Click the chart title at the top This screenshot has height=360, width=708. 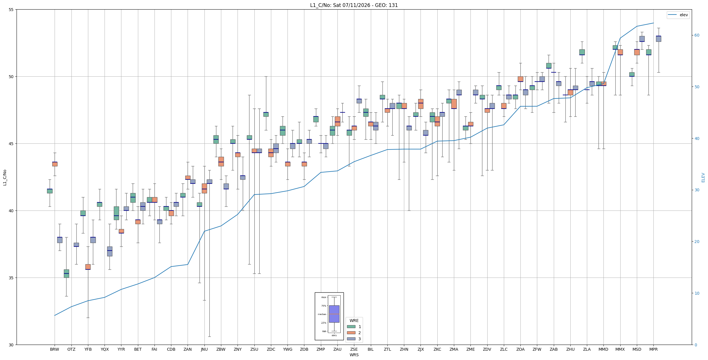[x=354, y=5]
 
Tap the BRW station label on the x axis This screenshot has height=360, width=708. [x=54, y=349]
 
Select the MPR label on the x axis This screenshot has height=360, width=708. [x=653, y=349]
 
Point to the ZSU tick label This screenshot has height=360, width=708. [x=254, y=349]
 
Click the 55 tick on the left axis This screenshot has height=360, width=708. [x=11, y=10]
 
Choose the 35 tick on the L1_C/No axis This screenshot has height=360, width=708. [x=11, y=278]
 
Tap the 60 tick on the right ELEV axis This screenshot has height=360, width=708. [x=697, y=35]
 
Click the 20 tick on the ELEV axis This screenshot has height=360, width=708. [x=697, y=242]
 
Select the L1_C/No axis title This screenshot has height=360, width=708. [x=5, y=177]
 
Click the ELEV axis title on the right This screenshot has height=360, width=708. [x=703, y=177]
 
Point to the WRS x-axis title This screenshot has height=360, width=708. [x=354, y=355]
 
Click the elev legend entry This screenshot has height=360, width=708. [x=678, y=15]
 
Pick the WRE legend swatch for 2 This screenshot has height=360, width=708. [x=351, y=333]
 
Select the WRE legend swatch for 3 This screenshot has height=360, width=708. [x=351, y=339]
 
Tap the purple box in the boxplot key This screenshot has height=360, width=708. [x=334, y=314]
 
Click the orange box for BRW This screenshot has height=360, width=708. [x=55, y=164]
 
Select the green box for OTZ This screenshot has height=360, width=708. [x=66, y=273]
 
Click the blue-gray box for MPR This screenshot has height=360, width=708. [x=658, y=39]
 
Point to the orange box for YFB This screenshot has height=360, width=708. [x=88, y=267]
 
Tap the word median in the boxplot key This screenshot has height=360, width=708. [x=322, y=314]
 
